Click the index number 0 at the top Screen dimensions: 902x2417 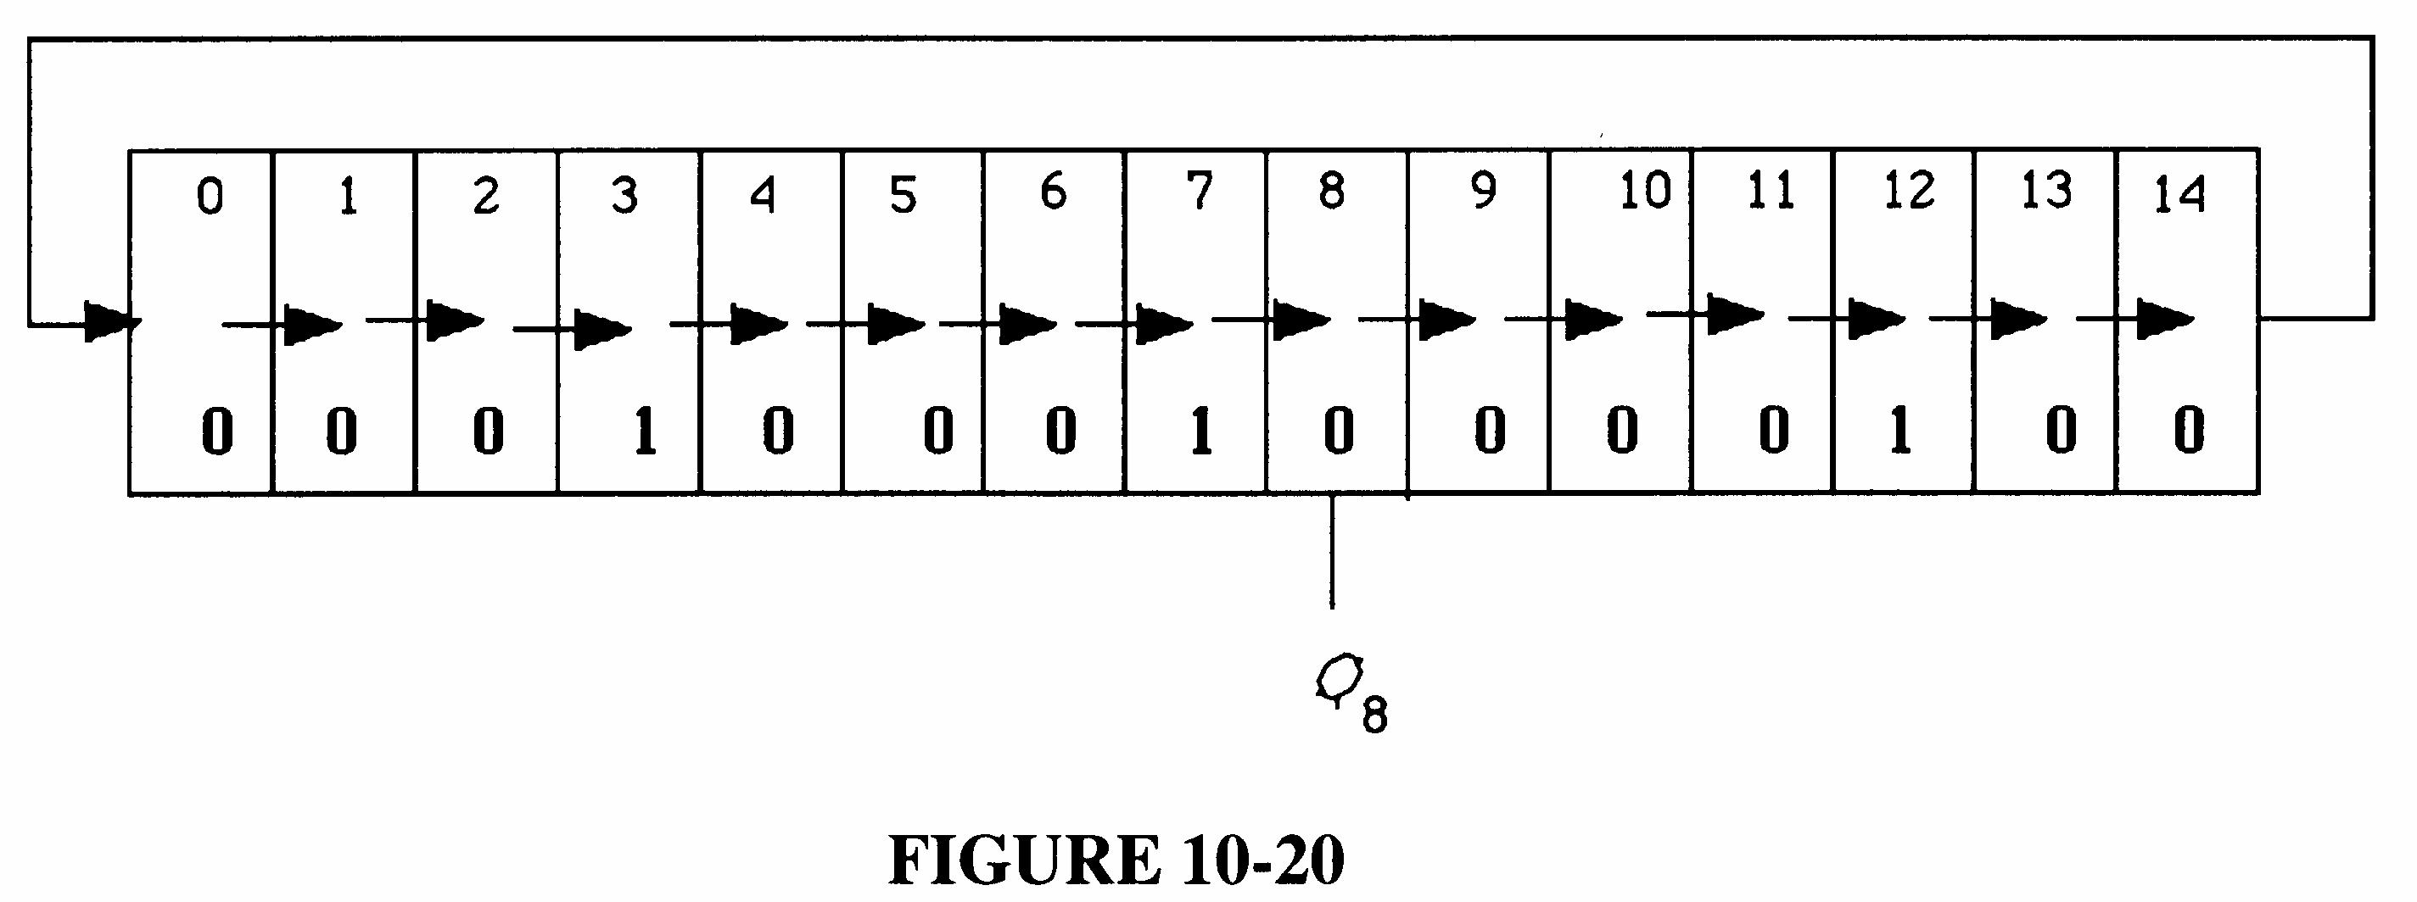tap(210, 198)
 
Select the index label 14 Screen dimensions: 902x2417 tap(2178, 197)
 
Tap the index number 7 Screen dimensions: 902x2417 tap(1198, 192)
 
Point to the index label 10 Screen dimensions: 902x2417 tap(1646, 192)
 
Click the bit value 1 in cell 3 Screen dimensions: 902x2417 tap(644, 432)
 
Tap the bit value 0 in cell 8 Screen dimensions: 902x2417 tap(1338, 433)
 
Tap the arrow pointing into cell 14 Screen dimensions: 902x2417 tap(2162, 319)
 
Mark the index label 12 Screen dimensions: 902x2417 tap(1909, 192)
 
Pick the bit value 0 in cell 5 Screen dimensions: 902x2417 tap(938, 432)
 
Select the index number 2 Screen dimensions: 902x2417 tap(485, 197)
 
